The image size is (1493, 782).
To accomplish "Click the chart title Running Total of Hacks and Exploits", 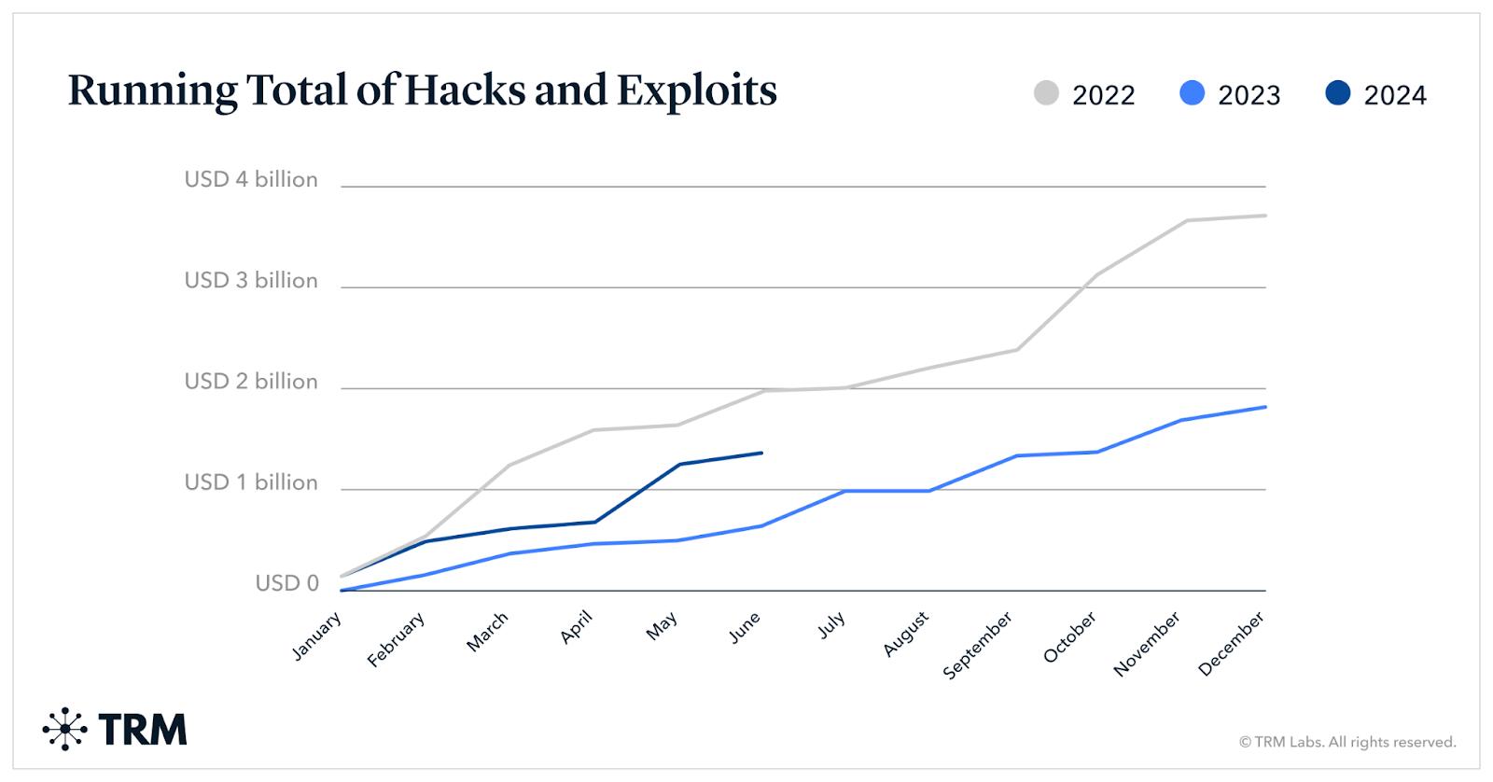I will [x=422, y=91].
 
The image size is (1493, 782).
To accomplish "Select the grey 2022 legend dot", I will [x=1046, y=93].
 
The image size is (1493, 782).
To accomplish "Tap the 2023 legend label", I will [x=1249, y=95].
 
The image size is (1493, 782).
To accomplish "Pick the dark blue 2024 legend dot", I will [x=1337, y=93].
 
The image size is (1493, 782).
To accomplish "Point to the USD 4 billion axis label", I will [x=251, y=179].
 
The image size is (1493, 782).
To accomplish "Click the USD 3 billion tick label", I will [x=251, y=280].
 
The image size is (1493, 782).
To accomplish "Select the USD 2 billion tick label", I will [x=251, y=381].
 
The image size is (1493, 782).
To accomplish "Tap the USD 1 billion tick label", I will [x=251, y=482].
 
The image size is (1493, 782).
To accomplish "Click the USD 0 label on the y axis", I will [x=286, y=583].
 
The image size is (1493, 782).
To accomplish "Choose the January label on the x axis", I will [x=317, y=636].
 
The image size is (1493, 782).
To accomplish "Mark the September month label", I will [x=977, y=645].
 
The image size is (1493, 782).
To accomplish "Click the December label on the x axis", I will [x=1231, y=643].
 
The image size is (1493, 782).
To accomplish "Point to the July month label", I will [x=831, y=624].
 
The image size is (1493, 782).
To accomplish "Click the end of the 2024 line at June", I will [x=762, y=453].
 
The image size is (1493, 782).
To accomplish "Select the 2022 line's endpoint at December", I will [x=1265, y=216].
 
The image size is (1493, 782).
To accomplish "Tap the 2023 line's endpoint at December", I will [x=1265, y=407].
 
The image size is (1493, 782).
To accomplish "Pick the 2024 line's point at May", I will [x=678, y=464].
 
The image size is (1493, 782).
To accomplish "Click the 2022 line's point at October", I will [x=1097, y=274].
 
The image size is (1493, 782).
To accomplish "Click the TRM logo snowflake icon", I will [x=64, y=729].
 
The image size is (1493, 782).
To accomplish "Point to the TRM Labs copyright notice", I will [x=1346, y=743].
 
